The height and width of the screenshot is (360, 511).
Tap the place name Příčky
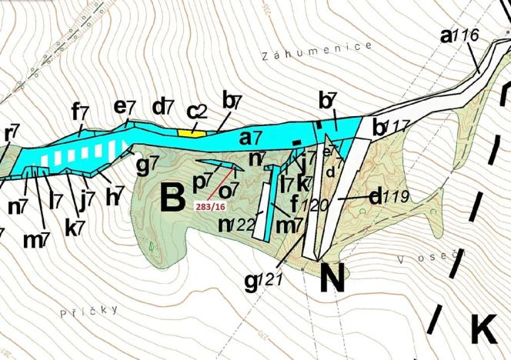point(89,311)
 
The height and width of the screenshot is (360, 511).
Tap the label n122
point(236,225)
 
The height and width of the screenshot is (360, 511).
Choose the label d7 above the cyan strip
point(164,107)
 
